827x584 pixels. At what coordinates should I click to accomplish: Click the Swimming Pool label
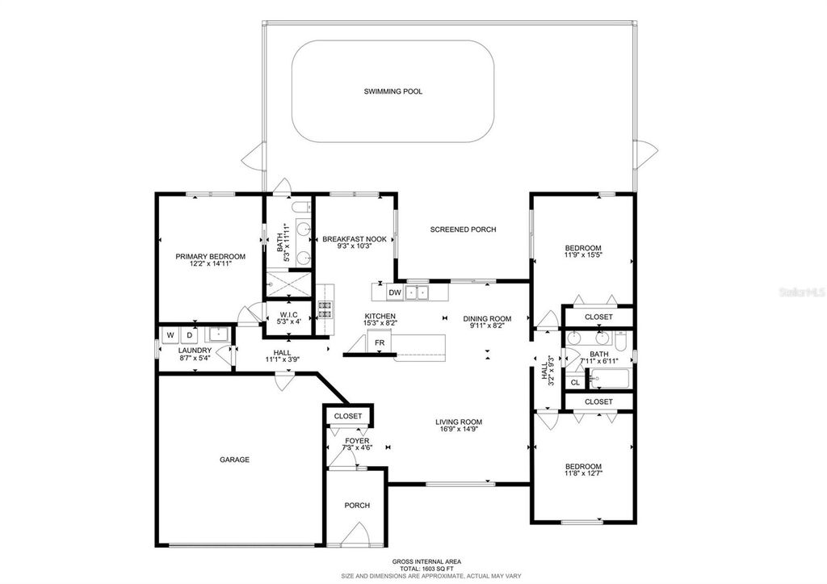(x=393, y=91)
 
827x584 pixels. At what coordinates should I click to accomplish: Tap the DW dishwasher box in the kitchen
(x=395, y=292)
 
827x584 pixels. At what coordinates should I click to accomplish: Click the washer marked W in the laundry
(x=170, y=334)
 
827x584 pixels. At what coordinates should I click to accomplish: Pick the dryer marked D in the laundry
(x=191, y=334)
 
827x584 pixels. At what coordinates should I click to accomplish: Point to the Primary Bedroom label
(x=210, y=257)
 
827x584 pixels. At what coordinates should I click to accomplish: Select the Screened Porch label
(x=463, y=229)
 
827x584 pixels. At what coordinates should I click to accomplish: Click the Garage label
(x=234, y=460)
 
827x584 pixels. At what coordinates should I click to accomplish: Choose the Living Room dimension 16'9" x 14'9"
(x=459, y=430)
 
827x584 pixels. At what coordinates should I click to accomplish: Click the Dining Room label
(x=487, y=318)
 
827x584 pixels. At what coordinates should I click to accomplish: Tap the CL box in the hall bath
(x=575, y=382)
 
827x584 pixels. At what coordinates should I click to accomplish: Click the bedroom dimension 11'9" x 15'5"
(x=582, y=255)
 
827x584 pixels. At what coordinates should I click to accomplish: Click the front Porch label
(x=357, y=506)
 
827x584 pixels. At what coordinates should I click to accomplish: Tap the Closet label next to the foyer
(x=348, y=416)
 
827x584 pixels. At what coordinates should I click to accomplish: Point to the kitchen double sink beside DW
(x=418, y=292)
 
